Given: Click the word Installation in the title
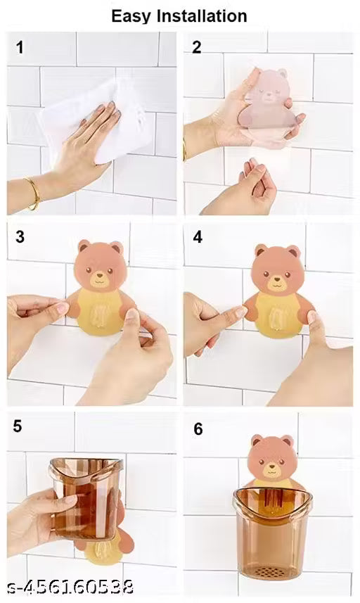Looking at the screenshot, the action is coord(202,15).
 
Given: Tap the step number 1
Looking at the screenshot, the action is coord(20,48).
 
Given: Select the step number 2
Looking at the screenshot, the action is coord(196,47).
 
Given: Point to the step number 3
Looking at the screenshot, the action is coord(20,237).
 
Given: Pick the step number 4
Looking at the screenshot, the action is coord(198,237).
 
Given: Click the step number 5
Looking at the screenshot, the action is coord(18,426).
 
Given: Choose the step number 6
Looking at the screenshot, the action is coord(198,429).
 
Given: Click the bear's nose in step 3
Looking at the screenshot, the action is coord(100,276).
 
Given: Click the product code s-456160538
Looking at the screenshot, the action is coord(70,587).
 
